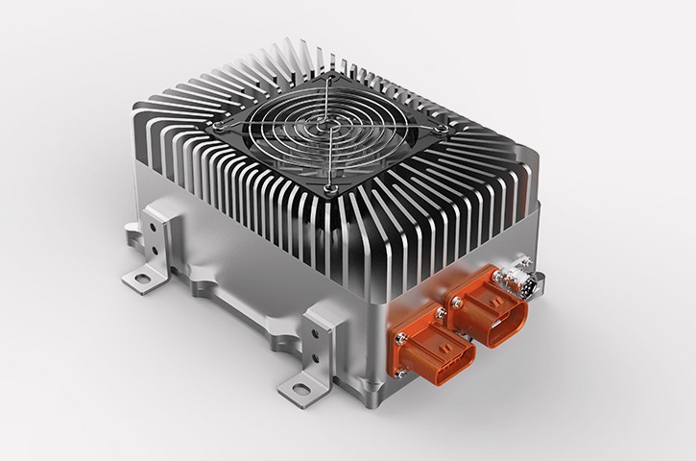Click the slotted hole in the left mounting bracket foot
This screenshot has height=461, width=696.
point(142,279)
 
